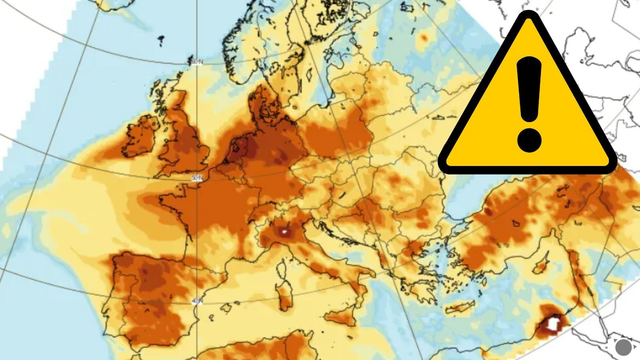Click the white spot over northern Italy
287,231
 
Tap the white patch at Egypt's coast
550,324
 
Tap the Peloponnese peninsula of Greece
406,285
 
